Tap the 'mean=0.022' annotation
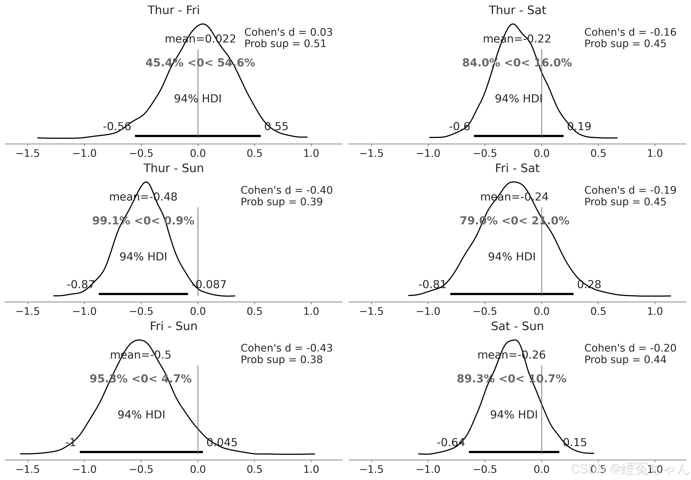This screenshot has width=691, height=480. (x=200, y=39)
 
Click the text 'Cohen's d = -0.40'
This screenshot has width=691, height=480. (x=286, y=190)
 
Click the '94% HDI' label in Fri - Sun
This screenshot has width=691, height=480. (x=141, y=415)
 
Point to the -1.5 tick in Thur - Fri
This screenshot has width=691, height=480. (x=28, y=153)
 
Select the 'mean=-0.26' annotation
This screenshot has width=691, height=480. (x=511, y=355)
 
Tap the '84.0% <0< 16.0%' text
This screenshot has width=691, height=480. (x=517, y=63)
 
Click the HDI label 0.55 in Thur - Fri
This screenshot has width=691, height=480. (x=276, y=126)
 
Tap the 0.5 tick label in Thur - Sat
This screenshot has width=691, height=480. (x=598, y=153)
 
